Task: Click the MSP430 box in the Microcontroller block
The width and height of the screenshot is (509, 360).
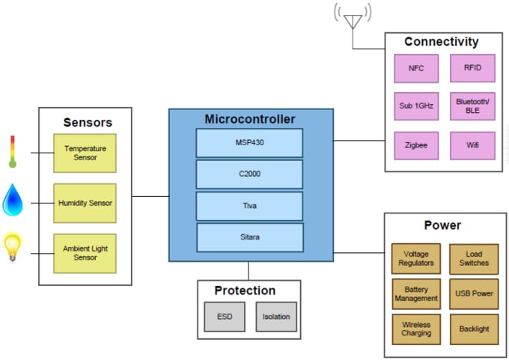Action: [249, 143]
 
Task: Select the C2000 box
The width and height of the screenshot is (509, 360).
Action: [249, 174]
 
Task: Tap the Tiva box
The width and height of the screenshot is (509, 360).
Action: [249, 206]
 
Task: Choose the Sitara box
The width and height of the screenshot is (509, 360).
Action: [250, 237]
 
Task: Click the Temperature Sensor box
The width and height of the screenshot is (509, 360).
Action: [85, 153]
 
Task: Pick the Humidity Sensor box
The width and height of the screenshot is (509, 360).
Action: [85, 203]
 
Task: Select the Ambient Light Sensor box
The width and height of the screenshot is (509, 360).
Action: [85, 253]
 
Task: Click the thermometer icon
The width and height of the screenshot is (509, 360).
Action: [13, 150]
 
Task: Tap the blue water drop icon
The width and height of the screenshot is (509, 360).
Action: [13, 199]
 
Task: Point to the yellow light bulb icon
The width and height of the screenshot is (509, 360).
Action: [13, 247]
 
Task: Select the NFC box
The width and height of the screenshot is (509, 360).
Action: [416, 68]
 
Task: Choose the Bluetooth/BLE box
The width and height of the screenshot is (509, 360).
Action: [472, 106]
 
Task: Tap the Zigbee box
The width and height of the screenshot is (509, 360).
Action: [416, 145]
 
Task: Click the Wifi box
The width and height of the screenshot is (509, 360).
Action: [472, 145]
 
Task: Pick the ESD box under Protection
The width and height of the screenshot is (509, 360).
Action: [224, 317]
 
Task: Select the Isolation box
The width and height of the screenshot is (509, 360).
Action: [276, 317]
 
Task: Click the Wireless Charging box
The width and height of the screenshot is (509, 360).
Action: [416, 329]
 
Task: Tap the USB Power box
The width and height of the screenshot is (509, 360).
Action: [473, 293]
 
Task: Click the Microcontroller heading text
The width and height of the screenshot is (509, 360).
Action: [250, 119]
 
